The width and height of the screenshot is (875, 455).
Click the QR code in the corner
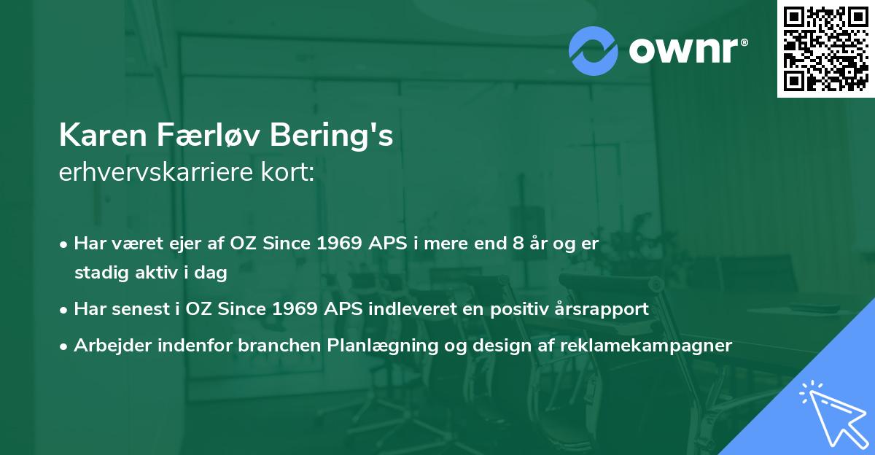point(825,49)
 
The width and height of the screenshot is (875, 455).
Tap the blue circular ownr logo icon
point(593,51)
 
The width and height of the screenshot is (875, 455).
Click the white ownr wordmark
point(688,51)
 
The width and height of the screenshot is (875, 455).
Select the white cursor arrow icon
point(834,416)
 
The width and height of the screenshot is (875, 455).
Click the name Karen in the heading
point(103,135)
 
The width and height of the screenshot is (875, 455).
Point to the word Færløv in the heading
point(209,135)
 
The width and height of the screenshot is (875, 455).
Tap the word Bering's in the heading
point(331,136)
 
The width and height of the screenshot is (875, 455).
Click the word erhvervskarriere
point(156,172)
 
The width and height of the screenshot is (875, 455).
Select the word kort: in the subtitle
point(287,172)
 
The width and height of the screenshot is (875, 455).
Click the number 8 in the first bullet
point(518,244)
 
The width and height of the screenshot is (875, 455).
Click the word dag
point(211,273)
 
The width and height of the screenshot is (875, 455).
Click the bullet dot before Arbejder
point(63,346)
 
